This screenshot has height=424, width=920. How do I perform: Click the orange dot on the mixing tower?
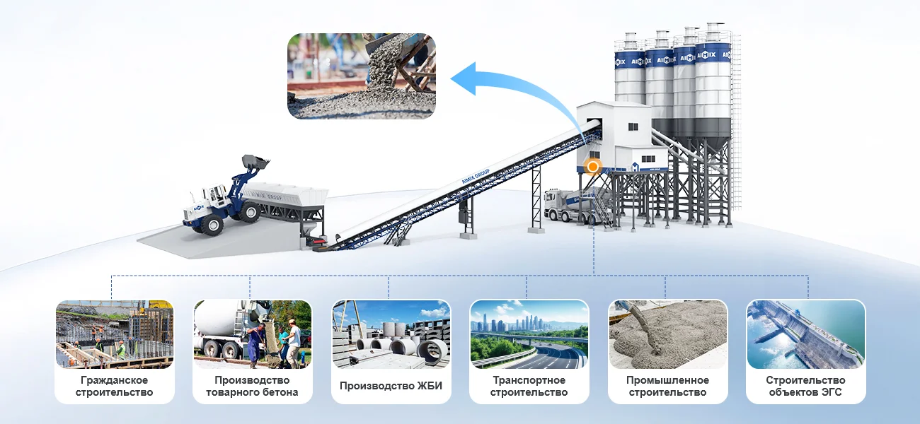point(593,167)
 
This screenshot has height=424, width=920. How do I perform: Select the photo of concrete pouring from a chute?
point(361,76)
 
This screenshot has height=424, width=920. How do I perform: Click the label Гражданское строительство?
point(115,387)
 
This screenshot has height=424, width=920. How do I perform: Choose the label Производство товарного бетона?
point(253,387)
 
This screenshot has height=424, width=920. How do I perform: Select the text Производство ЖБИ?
point(391,386)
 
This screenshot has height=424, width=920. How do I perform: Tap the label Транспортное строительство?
point(529,387)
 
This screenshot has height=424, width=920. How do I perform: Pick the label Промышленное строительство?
point(667,387)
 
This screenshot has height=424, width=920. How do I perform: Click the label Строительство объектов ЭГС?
point(805,387)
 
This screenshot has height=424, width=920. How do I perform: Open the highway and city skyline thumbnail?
point(529,334)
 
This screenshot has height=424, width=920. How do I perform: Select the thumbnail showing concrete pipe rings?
point(391,334)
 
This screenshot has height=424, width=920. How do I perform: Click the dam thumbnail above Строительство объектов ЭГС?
point(805,334)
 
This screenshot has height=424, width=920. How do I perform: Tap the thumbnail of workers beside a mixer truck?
point(253,334)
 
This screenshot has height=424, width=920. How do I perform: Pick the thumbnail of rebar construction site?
point(115,334)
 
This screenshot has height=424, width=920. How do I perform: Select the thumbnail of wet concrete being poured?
point(667,334)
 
